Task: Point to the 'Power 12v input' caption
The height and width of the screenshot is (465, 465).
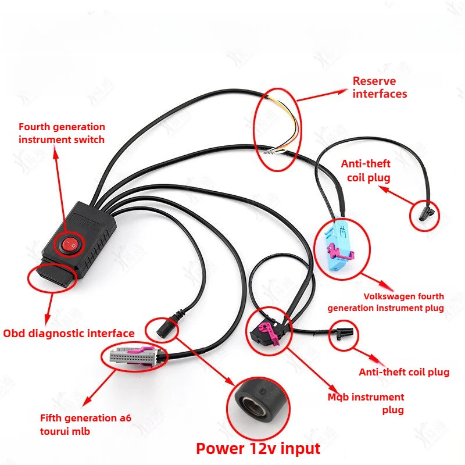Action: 258,449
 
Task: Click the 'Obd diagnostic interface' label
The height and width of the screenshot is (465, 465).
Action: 69,333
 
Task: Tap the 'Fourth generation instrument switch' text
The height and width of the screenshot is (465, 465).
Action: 62,133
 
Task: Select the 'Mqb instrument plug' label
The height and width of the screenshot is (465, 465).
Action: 366,403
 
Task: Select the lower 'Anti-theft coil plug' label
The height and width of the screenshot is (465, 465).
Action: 403,372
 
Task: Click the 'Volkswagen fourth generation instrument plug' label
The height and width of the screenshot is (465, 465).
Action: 386,302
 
